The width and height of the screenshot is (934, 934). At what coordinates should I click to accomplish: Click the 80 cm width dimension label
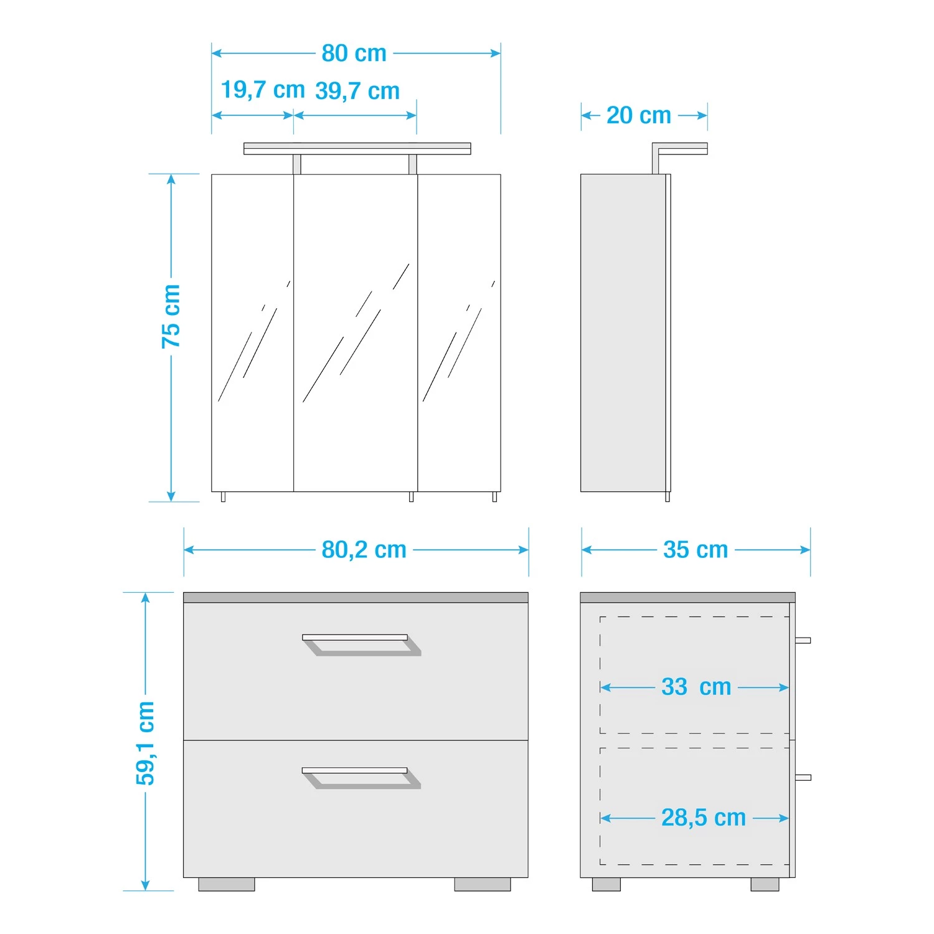[x=354, y=54]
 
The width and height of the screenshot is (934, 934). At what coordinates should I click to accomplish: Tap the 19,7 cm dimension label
[x=263, y=90]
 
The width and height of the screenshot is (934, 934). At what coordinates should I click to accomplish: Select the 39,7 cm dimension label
[x=357, y=91]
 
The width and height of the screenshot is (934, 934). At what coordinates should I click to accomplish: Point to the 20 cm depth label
[x=639, y=115]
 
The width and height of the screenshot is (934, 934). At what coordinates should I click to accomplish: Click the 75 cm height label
[x=171, y=316]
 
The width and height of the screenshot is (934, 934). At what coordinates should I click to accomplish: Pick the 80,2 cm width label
[x=364, y=550]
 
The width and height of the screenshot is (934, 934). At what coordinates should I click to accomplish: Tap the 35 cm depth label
[x=696, y=550]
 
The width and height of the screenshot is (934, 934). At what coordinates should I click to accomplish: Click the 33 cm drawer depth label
[x=696, y=687]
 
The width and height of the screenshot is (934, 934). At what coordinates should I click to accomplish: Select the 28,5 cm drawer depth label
[x=704, y=818]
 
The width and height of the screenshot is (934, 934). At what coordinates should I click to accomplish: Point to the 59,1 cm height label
[x=146, y=743]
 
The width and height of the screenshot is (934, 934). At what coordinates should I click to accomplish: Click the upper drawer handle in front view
[x=361, y=645]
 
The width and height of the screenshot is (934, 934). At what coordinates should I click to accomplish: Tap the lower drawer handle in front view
[x=361, y=778]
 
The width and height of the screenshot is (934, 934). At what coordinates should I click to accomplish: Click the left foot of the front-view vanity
[x=227, y=884]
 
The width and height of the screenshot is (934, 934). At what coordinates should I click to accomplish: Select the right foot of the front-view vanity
[x=483, y=884]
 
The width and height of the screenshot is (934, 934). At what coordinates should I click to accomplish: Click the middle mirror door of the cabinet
[x=356, y=333]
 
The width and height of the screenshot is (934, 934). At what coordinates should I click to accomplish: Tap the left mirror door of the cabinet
[x=253, y=333]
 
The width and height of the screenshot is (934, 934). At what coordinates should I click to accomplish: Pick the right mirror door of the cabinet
[x=459, y=333]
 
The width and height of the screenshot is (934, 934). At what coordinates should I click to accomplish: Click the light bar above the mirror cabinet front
[x=357, y=148]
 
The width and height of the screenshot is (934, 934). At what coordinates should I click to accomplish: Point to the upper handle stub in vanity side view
[x=803, y=640]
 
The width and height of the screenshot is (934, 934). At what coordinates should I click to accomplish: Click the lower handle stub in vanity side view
[x=803, y=777]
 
